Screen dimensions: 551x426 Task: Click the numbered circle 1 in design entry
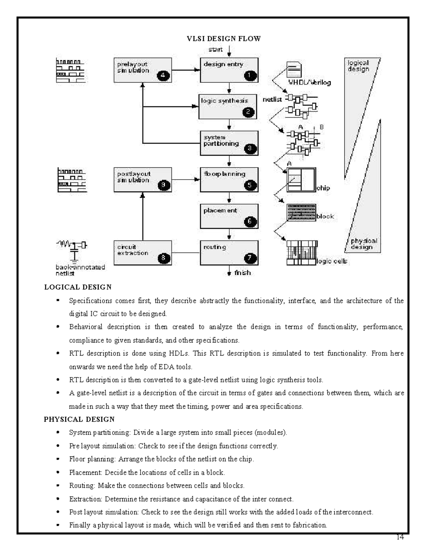tap(250, 75)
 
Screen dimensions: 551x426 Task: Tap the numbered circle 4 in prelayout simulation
tap(163, 75)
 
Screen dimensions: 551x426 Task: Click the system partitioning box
tap(229, 143)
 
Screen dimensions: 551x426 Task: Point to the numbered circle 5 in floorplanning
tap(250, 185)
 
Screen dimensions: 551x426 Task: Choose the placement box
tap(229, 216)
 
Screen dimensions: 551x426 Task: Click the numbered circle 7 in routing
tap(250, 258)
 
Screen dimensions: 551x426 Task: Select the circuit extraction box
tap(142, 253)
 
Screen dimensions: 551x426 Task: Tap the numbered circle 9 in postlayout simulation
tap(163, 185)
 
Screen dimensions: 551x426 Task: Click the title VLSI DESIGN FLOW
tap(224, 39)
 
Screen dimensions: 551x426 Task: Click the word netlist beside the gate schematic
tap(272, 100)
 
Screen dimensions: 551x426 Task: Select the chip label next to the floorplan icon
tap(323, 188)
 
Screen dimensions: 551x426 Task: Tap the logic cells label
tap(332, 261)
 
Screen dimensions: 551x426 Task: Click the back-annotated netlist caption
tap(80, 270)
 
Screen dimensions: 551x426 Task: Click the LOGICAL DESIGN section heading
tap(78, 287)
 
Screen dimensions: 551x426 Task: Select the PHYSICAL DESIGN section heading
tap(79, 419)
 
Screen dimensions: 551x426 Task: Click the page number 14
tap(400, 537)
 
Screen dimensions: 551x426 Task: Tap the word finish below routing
tap(242, 273)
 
